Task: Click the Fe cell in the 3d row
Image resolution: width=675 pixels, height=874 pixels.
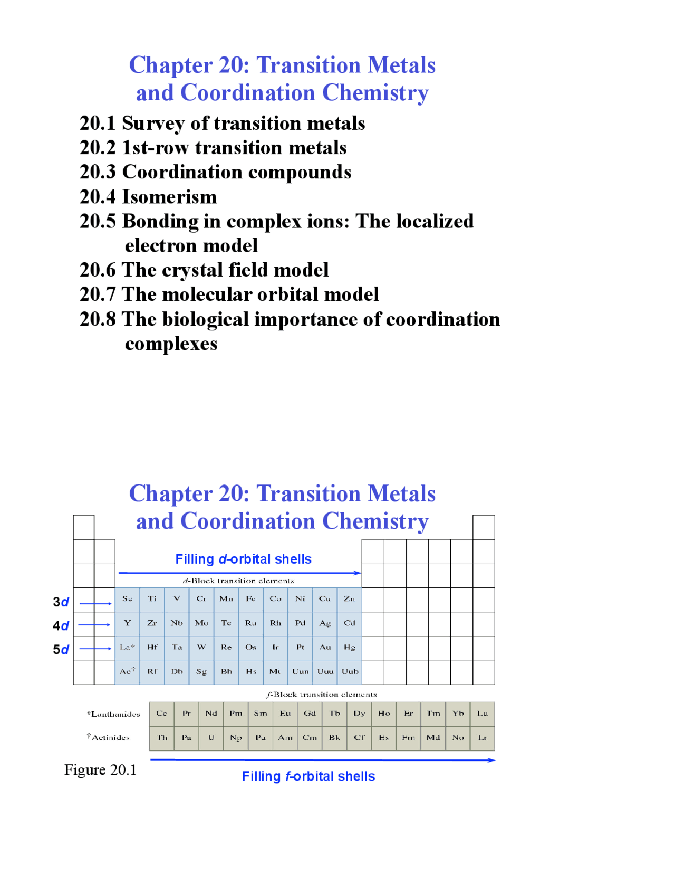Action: tap(250, 599)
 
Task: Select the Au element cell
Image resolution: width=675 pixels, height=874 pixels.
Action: tap(325, 648)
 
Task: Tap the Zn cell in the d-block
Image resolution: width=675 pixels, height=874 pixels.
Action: tap(349, 599)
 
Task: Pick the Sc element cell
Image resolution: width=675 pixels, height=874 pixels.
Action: tap(127, 599)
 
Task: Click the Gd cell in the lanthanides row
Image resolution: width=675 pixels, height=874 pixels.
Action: tap(310, 714)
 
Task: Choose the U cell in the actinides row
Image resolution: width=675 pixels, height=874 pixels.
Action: tap(211, 738)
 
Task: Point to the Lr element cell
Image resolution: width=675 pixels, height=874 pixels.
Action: tap(483, 738)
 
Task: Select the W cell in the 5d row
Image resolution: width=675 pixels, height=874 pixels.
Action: tap(201, 648)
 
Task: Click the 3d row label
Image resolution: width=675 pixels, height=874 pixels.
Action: tap(61, 602)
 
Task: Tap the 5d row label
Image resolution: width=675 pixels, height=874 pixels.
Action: tap(61, 650)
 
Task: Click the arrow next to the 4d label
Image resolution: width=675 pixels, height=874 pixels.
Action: tap(94, 625)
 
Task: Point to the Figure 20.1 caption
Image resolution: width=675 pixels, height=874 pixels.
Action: tap(100, 770)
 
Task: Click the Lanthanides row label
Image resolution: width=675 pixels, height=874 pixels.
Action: tap(114, 715)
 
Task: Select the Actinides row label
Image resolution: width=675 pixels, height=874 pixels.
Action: tap(109, 738)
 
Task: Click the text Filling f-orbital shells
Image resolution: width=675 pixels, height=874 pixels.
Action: tap(308, 776)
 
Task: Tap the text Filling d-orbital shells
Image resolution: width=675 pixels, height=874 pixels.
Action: tap(243, 559)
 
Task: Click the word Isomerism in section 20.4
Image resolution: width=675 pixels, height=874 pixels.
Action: tap(169, 197)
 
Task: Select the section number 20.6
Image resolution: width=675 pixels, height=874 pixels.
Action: tap(98, 270)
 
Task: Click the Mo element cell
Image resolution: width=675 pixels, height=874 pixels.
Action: tap(201, 623)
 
